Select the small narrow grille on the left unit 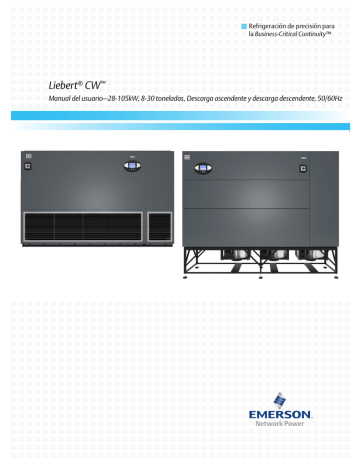(x=159, y=226)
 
